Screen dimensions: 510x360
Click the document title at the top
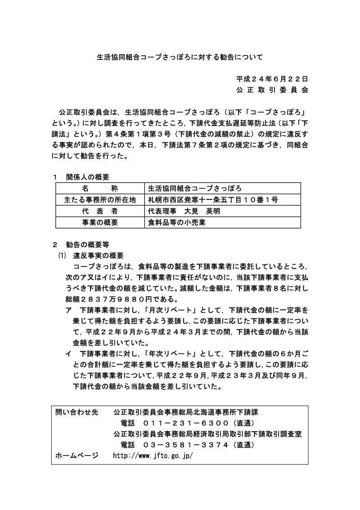tap(180, 57)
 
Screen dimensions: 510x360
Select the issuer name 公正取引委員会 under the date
tap(272, 90)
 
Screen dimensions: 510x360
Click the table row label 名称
tap(100, 189)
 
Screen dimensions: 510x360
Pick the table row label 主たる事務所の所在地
tap(100, 200)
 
